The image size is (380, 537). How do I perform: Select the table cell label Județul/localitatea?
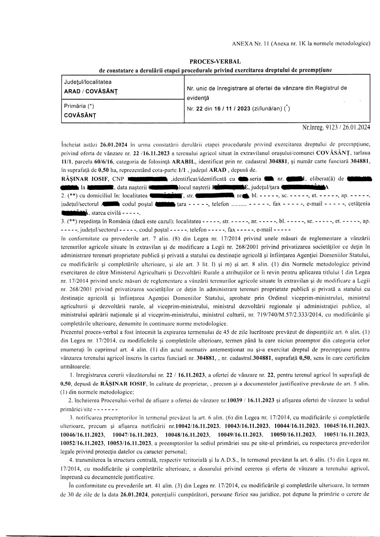coord(88,82)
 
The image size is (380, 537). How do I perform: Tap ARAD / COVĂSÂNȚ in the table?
coord(91,92)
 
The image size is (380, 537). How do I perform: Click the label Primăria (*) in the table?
coord(79,106)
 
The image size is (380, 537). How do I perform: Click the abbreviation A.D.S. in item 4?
coord(230,460)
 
